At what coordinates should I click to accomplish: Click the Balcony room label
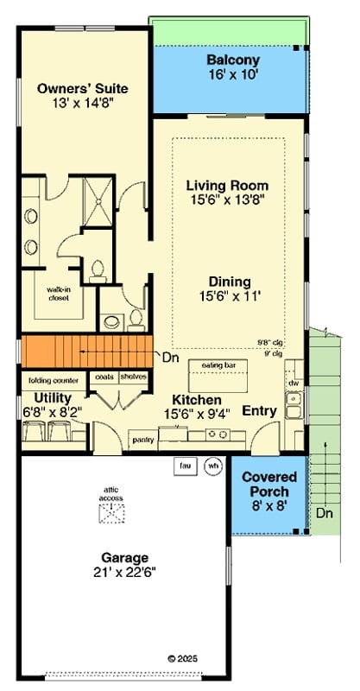[232, 60]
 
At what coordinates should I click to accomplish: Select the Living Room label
[228, 186]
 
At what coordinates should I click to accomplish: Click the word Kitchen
[196, 400]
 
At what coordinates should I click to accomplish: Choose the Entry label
[259, 411]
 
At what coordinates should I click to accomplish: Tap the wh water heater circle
[212, 466]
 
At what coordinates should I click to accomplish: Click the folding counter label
[54, 380]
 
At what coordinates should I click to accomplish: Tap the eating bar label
[218, 366]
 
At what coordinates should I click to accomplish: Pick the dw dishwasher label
[294, 383]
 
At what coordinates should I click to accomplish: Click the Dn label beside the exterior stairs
[324, 513]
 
